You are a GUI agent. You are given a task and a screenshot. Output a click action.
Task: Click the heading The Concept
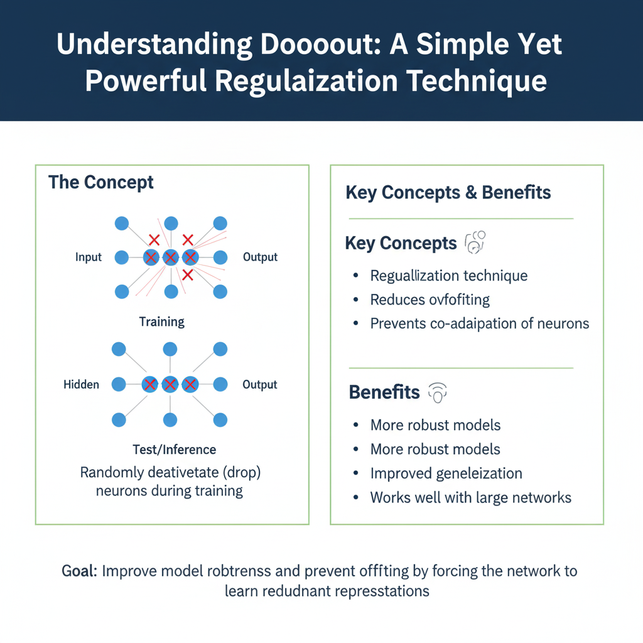coord(101,183)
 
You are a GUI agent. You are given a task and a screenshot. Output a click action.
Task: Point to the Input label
coord(89,257)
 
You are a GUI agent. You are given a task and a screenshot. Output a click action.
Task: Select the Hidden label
coord(82,384)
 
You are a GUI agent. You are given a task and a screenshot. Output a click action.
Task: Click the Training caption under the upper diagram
coord(162,322)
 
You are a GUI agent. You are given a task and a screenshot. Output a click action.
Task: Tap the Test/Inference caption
coord(175,450)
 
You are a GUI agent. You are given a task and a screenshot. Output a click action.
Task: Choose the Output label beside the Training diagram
coord(260,257)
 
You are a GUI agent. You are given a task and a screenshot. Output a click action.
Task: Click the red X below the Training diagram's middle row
coord(187,275)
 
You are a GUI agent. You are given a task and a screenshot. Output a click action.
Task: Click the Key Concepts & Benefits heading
coord(448,193)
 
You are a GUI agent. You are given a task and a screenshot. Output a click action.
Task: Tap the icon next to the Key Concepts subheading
coord(475,242)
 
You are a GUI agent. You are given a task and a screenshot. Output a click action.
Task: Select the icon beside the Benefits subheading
coord(437,392)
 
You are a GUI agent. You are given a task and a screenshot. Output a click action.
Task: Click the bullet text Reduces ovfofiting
coord(430,300)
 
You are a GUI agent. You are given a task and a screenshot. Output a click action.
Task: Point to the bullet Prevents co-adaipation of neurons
coord(480,323)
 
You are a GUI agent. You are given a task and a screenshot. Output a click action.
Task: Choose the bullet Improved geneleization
coord(446,473)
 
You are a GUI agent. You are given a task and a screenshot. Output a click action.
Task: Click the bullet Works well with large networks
coord(471,497)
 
